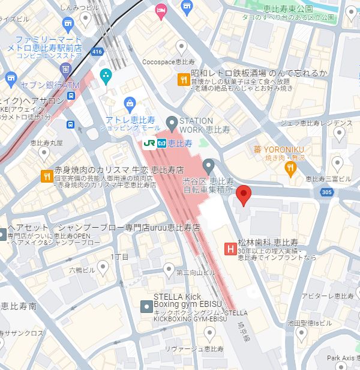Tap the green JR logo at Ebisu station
pyautogui.click(x=149, y=144)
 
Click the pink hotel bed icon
pyautogui.click(x=160, y=10)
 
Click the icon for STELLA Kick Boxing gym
pyautogui.click(x=146, y=306)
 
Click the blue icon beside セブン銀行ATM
pyautogui.click(x=10, y=78)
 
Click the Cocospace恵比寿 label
pyautogui.click(x=169, y=61)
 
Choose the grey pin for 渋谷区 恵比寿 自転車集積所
pyautogui.click(x=208, y=165)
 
